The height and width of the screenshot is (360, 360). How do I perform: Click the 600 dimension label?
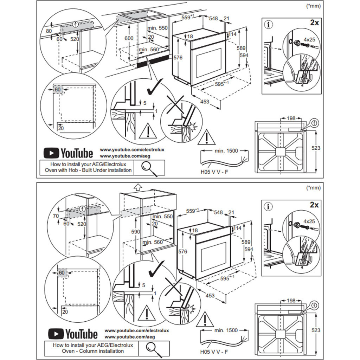pos(129,38)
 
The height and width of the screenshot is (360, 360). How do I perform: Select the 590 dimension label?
pos(136,232)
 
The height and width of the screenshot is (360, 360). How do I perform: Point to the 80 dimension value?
pos(49,31)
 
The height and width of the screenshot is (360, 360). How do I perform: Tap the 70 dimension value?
pos(56,216)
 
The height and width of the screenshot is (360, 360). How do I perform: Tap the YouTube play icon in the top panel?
pos(51,153)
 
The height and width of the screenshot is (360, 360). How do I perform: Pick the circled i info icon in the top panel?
pos(269,25)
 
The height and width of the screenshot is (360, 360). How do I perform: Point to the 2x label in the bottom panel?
pos(314,205)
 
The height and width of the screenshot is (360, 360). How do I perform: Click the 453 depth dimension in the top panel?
pos(205,102)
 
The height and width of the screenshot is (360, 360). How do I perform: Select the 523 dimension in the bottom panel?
pos(316,330)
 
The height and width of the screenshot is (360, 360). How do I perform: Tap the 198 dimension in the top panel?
pos(291,118)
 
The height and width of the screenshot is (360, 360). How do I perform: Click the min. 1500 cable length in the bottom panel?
pos(226,330)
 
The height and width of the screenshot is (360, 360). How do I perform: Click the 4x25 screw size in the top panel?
pos(310,39)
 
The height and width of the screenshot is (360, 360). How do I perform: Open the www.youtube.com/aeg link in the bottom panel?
pos(130,337)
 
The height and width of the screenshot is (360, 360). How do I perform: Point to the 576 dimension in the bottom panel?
pos(183,251)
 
